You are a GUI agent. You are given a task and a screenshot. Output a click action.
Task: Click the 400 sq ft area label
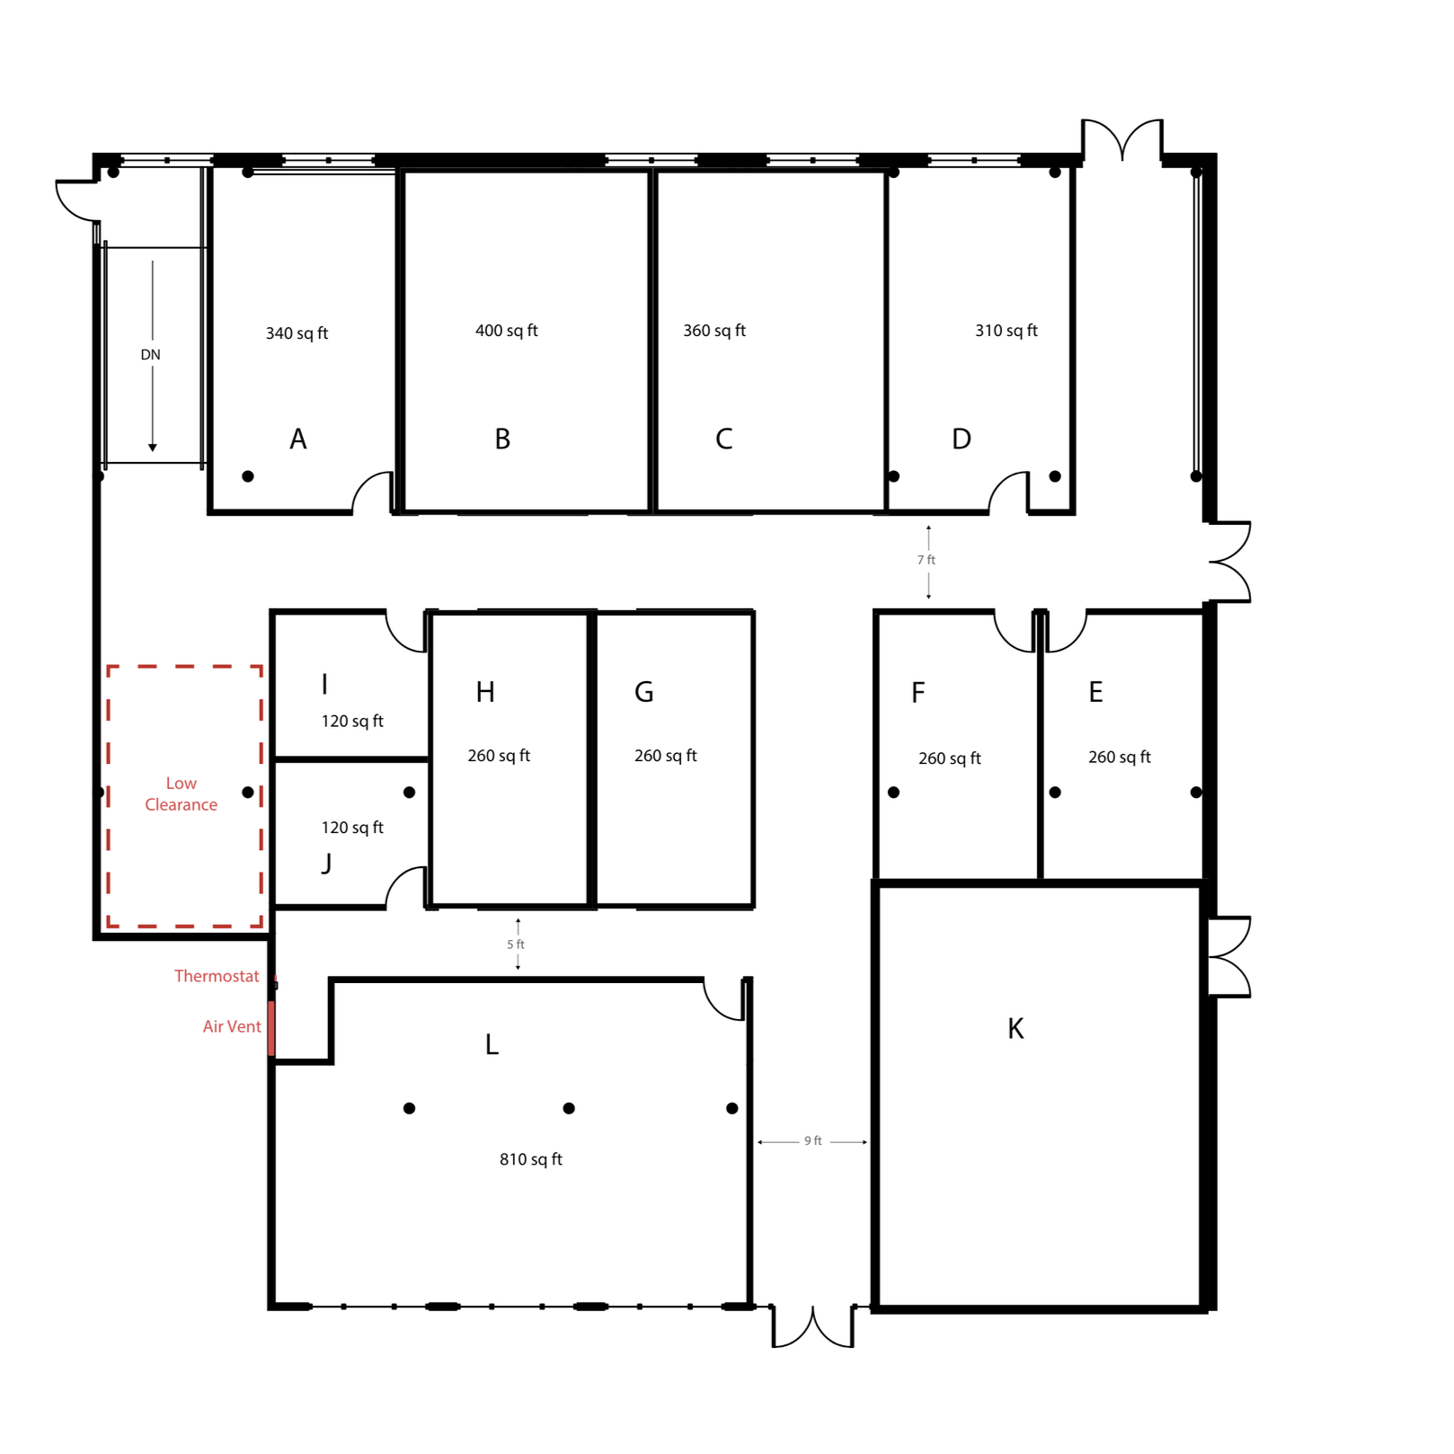click(x=506, y=331)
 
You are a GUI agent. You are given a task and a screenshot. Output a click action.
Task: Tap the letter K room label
click(x=1015, y=1029)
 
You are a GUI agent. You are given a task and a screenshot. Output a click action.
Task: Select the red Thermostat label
click(x=216, y=976)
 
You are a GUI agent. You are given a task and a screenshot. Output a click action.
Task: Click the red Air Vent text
click(x=231, y=1026)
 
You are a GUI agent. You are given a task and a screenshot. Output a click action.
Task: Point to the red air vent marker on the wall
click(x=271, y=1028)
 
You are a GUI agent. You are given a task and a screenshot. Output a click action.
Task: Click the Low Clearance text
click(x=181, y=794)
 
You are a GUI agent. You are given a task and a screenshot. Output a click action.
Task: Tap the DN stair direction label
click(x=150, y=355)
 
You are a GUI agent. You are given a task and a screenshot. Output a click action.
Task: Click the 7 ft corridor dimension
click(x=926, y=560)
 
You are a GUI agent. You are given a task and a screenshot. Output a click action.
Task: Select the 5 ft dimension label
click(x=515, y=944)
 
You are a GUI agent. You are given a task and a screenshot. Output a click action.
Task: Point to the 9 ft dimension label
click(x=812, y=1141)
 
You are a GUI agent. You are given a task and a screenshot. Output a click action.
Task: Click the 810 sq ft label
click(x=530, y=1159)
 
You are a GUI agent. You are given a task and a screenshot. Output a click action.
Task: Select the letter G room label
click(x=643, y=692)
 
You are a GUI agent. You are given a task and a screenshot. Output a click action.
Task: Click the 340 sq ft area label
click(x=297, y=333)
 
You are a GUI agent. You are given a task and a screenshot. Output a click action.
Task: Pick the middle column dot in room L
click(x=569, y=1108)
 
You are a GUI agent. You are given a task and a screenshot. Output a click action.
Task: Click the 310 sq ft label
click(x=1006, y=331)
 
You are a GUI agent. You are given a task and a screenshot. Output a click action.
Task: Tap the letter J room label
click(x=326, y=864)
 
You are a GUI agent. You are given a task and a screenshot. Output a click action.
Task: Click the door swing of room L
click(x=724, y=999)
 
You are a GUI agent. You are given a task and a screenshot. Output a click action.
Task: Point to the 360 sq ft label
click(x=714, y=331)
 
